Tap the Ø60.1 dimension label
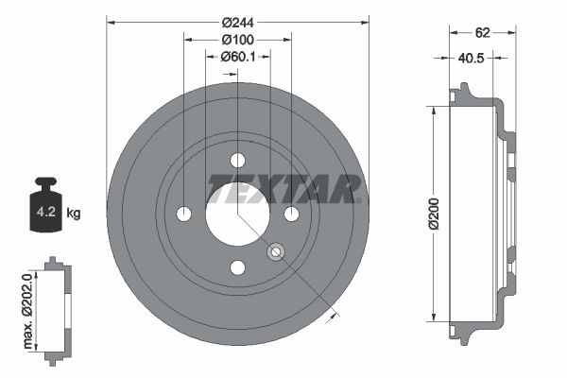pyautogui.click(x=238, y=57)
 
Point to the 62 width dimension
pyautogui.click(x=482, y=32)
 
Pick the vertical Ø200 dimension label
pyautogui.click(x=433, y=215)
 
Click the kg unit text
pyautogui.click(x=74, y=214)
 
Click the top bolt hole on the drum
pyautogui.click(x=238, y=160)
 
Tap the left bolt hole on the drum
pyautogui.click(x=184, y=214)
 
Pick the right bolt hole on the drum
pyautogui.click(x=292, y=214)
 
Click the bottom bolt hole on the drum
pyautogui.click(x=238, y=267)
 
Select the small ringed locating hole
pyautogui.click(x=276, y=251)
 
